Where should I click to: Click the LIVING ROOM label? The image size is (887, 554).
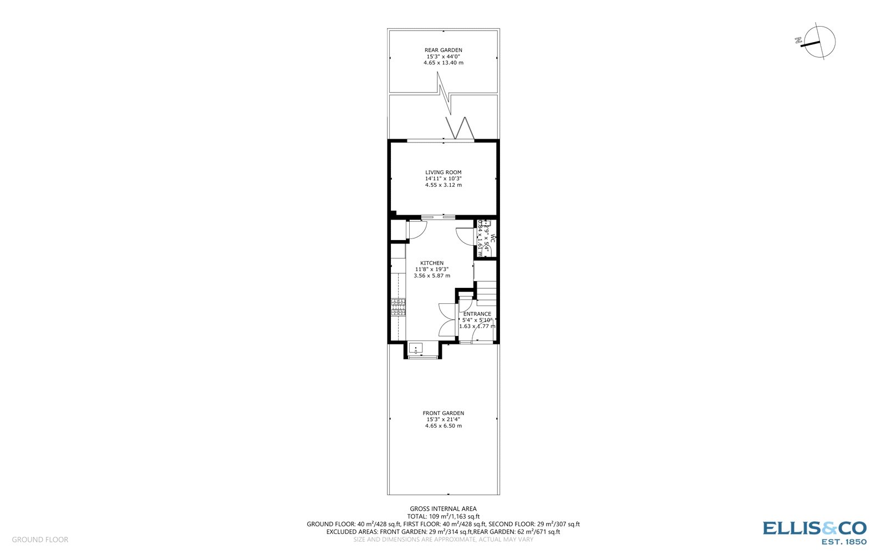coord(443,172)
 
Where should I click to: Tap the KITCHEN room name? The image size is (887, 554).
coord(431,263)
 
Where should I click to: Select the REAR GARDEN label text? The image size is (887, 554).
coord(443,50)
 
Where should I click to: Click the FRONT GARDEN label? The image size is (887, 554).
coord(443,413)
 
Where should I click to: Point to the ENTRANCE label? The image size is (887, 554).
coord(477,314)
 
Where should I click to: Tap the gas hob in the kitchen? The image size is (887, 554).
coord(398,307)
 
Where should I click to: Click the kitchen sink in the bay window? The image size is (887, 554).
coord(415,349)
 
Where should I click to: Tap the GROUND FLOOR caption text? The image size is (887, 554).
coord(40,540)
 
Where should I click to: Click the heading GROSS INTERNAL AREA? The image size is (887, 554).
coord(443,509)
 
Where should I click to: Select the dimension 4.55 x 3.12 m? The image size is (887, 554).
coord(443,185)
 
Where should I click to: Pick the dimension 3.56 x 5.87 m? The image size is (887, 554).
coord(431,276)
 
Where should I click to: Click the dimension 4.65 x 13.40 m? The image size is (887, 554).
coord(443,63)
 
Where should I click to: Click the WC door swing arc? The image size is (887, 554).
coord(465,237)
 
